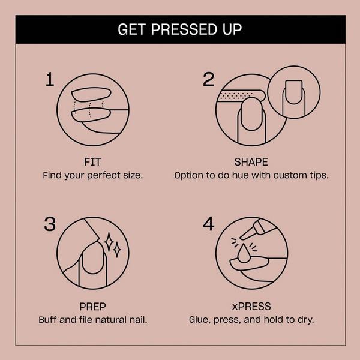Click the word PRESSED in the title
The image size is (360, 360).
pyautogui.click(x=180, y=29)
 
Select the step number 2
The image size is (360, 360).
pyautogui.click(x=208, y=79)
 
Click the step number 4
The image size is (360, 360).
pyautogui.click(x=208, y=224)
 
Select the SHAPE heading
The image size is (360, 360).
pyautogui.click(x=251, y=162)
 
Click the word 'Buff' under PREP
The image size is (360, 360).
pyautogui.click(x=49, y=319)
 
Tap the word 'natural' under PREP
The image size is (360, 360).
pyautogui.click(x=112, y=319)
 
